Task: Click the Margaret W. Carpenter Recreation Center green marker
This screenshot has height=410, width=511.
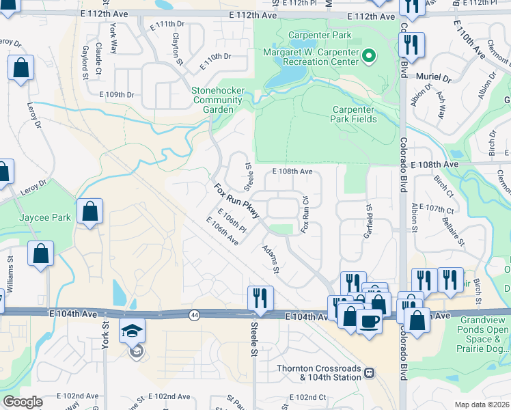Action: [369, 55]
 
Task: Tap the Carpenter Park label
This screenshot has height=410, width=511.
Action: [310, 35]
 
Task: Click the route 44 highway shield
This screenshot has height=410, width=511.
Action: [195, 314]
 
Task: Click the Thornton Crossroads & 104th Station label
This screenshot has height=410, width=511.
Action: [318, 372]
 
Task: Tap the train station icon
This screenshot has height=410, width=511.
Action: [369, 373]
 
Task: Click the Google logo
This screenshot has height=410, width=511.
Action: [23, 401]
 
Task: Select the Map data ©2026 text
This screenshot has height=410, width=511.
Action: [481, 405]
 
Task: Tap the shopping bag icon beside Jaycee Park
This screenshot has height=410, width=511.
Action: [90, 211]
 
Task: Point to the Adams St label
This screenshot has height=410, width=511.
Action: [271, 259]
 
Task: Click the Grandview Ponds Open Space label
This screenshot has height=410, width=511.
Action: [484, 334]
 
